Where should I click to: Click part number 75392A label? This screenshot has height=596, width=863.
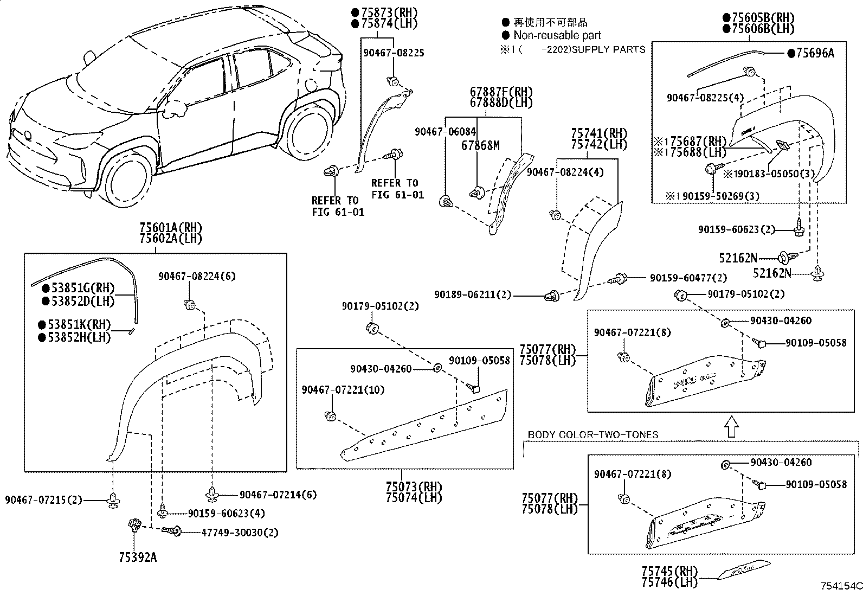click(x=138, y=557)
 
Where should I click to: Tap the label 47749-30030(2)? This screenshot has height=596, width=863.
click(x=240, y=533)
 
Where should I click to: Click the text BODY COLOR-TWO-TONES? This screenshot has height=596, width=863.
click(x=592, y=434)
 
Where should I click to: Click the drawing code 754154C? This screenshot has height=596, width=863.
click(x=841, y=586)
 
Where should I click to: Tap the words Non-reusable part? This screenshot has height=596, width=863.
click(x=557, y=35)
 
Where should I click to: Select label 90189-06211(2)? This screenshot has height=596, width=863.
click(x=472, y=294)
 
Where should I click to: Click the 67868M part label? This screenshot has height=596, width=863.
click(x=480, y=145)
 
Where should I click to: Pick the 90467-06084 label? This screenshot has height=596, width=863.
click(x=445, y=132)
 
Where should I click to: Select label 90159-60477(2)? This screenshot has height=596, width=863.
click(x=688, y=278)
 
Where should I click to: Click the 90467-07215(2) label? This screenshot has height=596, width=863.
click(x=43, y=500)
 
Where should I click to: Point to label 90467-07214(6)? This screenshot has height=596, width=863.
click(x=278, y=495)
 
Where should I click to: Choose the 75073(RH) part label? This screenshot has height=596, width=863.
click(x=414, y=487)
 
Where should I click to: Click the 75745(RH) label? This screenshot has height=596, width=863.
click(x=669, y=571)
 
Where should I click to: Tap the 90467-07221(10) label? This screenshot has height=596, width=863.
click(x=343, y=390)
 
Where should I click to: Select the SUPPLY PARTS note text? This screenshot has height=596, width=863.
click(x=608, y=50)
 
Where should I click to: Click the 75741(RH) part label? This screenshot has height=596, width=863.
click(x=599, y=133)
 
